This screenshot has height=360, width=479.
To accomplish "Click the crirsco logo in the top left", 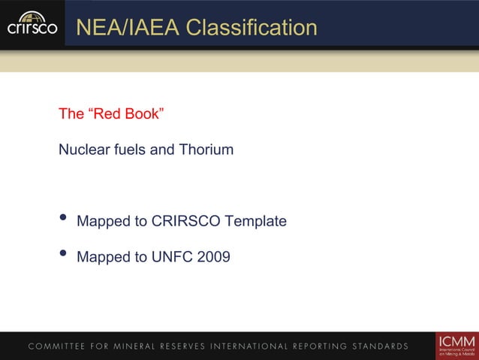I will (x=32, y=23).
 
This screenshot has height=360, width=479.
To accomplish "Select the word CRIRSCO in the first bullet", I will (x=188, y=222).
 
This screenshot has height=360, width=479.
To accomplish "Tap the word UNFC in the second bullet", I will (x=171, y=257).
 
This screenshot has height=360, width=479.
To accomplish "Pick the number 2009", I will (x=213, y=257).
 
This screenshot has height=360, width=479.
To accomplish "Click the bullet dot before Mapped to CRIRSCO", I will (x=63, y=219).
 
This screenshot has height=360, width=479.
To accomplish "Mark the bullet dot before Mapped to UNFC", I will (x=63, y=254).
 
